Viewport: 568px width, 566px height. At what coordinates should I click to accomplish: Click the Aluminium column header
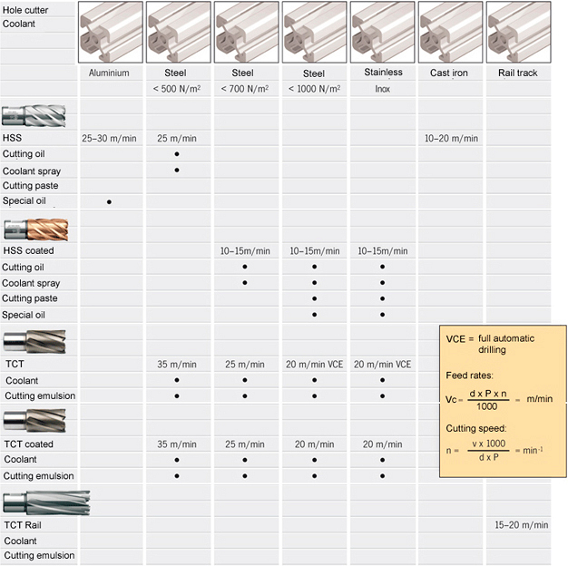109,73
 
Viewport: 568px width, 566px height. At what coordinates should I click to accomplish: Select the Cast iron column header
449,73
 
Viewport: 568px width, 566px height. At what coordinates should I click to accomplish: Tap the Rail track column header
518,73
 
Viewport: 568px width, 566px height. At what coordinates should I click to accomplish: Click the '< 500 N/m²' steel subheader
177,89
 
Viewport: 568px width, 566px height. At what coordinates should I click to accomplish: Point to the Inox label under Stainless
383,89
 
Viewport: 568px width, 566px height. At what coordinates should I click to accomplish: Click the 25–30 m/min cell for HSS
109,139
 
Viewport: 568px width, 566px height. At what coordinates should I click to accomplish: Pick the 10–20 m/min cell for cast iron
451,139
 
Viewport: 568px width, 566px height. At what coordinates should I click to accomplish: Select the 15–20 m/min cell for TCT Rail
522,524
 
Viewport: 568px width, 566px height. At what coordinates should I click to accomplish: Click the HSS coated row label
28,250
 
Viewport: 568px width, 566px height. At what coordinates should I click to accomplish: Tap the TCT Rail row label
23,525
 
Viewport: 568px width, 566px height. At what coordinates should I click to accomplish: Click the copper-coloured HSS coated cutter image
36,229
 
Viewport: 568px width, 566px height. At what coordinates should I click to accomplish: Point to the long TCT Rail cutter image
46,503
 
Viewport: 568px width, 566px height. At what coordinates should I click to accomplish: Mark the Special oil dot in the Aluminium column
109,202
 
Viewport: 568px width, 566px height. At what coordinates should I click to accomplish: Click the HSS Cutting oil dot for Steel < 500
177,154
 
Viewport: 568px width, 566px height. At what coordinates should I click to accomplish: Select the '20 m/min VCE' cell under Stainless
383,365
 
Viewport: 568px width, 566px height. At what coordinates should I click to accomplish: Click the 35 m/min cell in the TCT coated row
177,444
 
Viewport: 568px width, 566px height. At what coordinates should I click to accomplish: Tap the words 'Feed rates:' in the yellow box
469,376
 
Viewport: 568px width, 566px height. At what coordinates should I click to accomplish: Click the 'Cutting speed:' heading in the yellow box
476,428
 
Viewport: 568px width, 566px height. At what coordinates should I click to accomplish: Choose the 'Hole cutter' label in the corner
25,10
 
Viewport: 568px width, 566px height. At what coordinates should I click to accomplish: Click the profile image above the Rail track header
518,33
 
